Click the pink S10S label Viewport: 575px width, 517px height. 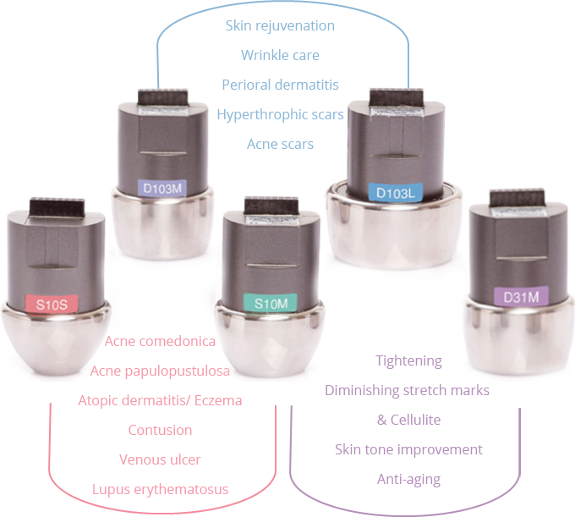52,304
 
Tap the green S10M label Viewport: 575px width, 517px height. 271,303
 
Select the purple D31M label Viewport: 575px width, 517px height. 521,296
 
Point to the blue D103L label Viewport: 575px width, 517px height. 396,192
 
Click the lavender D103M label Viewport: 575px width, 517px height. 162,188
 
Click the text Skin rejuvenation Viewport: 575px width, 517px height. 280,25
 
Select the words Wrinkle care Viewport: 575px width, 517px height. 280,55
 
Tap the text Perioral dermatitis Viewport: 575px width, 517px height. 280,85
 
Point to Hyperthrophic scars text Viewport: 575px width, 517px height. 280,114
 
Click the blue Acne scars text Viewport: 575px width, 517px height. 280,144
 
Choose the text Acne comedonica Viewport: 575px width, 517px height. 160,341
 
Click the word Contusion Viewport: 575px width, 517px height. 160,430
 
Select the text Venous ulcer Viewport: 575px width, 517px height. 160,459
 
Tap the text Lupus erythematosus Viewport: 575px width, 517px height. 160,489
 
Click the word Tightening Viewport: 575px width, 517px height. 408,360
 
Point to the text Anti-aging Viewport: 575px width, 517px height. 408,479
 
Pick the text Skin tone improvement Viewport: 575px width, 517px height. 408,449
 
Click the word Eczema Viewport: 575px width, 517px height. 218,400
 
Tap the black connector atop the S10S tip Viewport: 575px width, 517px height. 57,207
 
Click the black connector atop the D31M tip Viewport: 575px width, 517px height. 517,198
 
